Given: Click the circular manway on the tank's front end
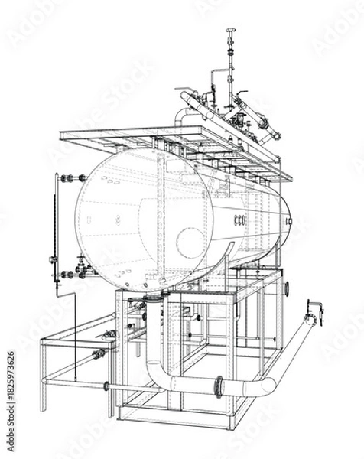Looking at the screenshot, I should click(x=190, y=243).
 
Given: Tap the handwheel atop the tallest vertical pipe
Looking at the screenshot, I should click(x=230, y=31).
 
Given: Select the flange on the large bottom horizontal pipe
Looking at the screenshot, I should click(x=219, y=386).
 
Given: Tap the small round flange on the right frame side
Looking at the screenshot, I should click(x=287, y=288).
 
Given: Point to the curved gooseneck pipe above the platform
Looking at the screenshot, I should click(x=182, y=115).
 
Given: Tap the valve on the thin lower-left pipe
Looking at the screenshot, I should click(x=99, y=354).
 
